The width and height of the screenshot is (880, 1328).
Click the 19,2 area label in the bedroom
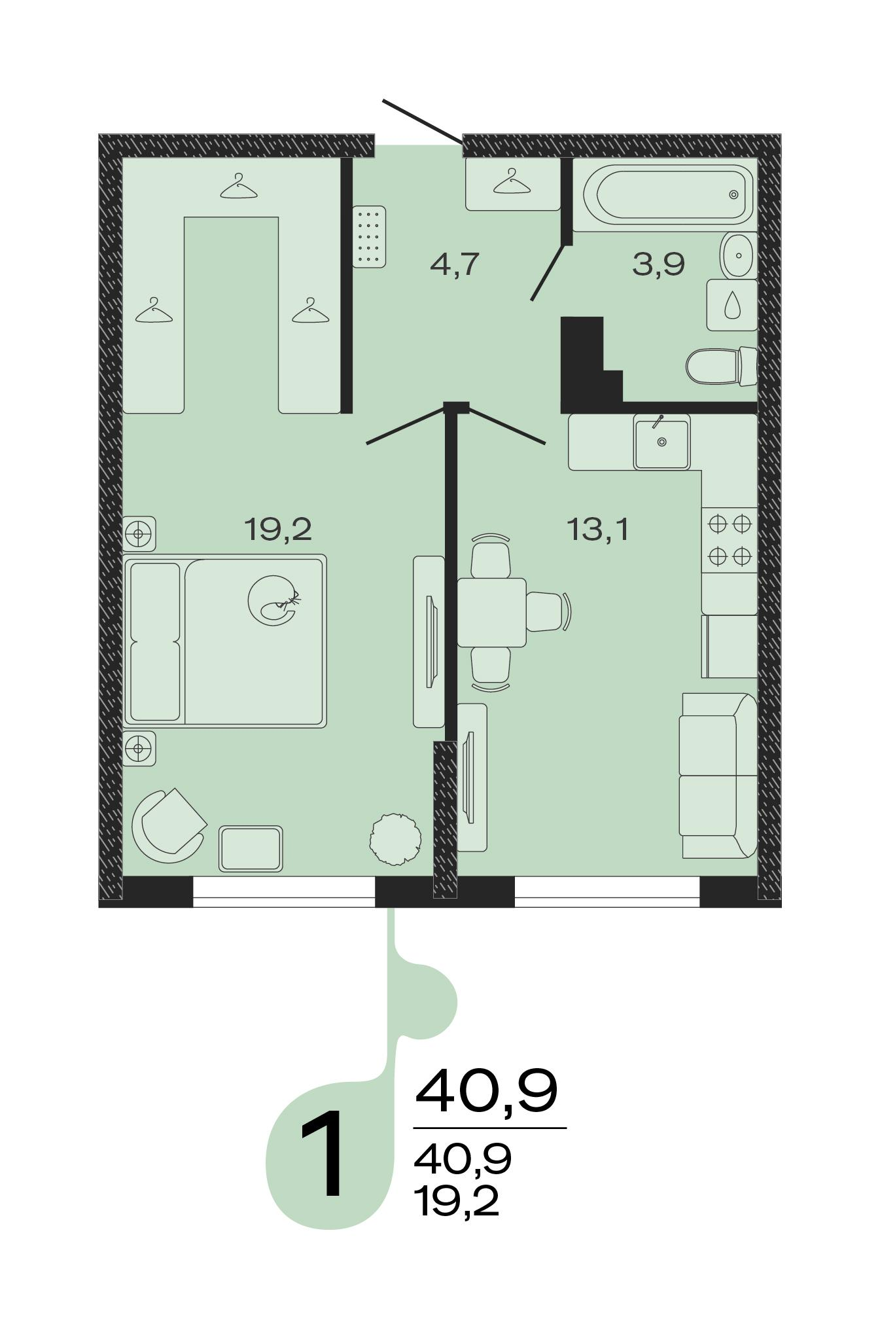pos(277,529)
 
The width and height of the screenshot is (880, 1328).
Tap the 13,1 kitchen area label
pos(598,529)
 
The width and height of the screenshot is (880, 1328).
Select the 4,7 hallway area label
pos(455,264)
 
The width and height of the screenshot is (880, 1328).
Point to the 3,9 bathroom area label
pos(658,264)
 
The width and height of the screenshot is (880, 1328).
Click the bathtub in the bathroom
pos(665,194)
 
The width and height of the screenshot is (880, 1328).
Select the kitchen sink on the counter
pos(661,442)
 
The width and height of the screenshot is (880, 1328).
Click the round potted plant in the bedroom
pos(395,839)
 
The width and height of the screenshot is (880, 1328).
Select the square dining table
pos(491,612)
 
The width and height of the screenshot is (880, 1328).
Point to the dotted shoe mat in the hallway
pos(369,236)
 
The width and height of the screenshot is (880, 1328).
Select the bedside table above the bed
pos(140,533)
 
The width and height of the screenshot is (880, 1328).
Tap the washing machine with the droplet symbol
pos(732,305)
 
